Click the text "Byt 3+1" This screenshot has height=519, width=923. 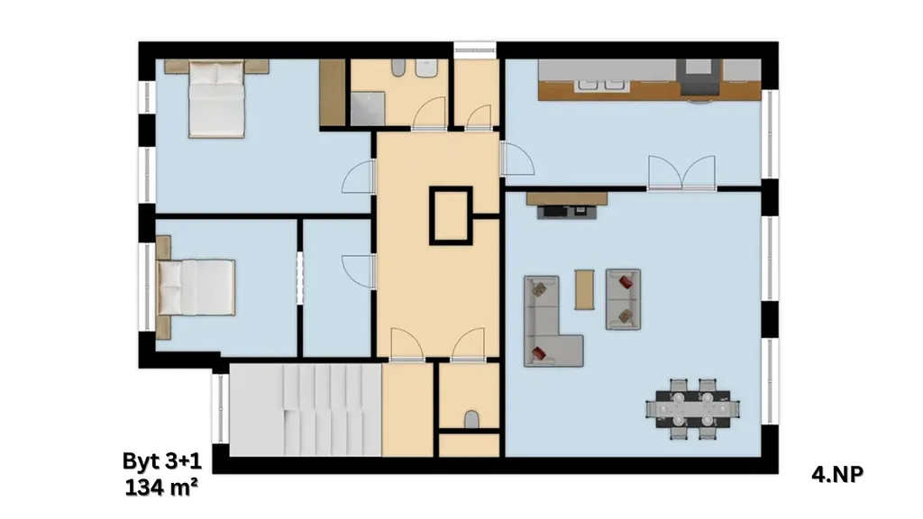pyautogui.click(x=162, y=460)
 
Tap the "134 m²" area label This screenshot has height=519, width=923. pyautogui.click(x=161, y=487)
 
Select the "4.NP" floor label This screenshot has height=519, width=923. pyautogui.click(x=837, y=474)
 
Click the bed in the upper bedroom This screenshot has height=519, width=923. pyautogui.click(x=216, y=99)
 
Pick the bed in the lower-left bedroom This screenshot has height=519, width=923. pyautogui.click(x=196, y=287)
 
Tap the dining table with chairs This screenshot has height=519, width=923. pyautogui.click(x=693, y=409)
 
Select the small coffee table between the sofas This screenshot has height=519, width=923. pyautogui.click(x=584, y=289)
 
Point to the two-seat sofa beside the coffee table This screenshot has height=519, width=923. pyautogui.click(x=624, y=299)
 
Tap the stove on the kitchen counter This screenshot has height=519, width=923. pyautogui.click(x=699, y=77)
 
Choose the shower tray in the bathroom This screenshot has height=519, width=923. pyautogui.click(x=368, y=109)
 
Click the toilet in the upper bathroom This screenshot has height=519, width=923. pyautogui.click(x=398, y=68)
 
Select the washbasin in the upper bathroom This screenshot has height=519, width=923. pyautogui.click(x=426, y=68)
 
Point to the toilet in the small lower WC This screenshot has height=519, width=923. pyautogui.click(x=471, y=420)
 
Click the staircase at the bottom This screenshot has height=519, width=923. pyautogui.click(x=306, y=410)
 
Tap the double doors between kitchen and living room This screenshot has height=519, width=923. pyautogui.click(x=681, y=173)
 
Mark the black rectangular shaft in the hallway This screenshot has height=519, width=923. pyautogui.click(x=451, y=215)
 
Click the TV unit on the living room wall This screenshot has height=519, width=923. pyautogui.click(x=566, y=205)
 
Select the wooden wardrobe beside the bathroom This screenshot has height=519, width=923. pyautogui.click(x=333, y=93)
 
